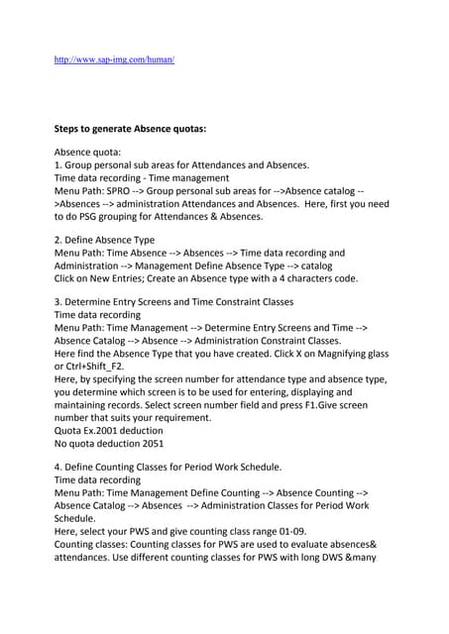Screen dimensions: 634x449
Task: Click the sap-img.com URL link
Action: point(114,59)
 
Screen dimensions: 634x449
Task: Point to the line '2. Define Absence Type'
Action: point(111,240)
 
